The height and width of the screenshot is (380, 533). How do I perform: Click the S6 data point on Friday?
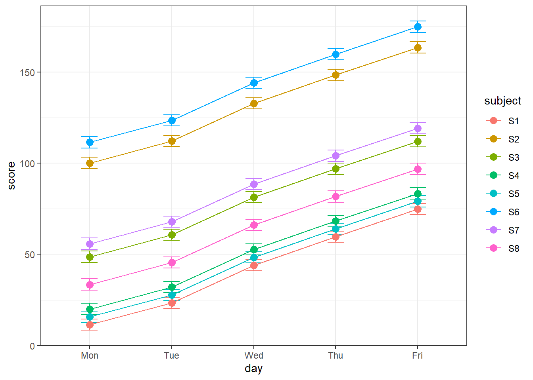coord(418,27)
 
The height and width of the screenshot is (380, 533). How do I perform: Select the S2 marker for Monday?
coord(90,163)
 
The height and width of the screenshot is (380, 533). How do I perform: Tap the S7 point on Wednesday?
coord(254,184)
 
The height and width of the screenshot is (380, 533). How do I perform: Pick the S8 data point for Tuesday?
coord(172,262)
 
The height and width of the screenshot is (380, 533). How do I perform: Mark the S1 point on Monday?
coord(90,325)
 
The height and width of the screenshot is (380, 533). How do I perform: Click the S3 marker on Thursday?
coord(336,169)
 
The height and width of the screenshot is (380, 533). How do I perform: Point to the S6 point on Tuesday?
coord(172,120)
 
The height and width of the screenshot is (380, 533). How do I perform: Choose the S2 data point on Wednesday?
coord(254,103)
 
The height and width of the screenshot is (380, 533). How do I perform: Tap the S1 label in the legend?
coord(514,121)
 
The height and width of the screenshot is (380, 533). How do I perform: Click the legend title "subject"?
coord(502,101)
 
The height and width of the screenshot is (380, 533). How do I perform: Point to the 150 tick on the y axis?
coord(30,72)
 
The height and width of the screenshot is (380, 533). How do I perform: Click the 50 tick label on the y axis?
coord(30,255)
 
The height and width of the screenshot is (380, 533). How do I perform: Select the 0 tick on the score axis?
coord(33,346)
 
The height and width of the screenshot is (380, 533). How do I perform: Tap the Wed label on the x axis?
coord(254,355)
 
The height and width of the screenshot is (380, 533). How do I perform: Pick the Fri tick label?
coord(418,355)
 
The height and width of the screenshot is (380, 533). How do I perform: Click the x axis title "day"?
coord(254,369)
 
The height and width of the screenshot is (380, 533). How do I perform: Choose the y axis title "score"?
coord(12,176)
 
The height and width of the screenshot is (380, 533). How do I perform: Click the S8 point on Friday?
coord(418,169)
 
